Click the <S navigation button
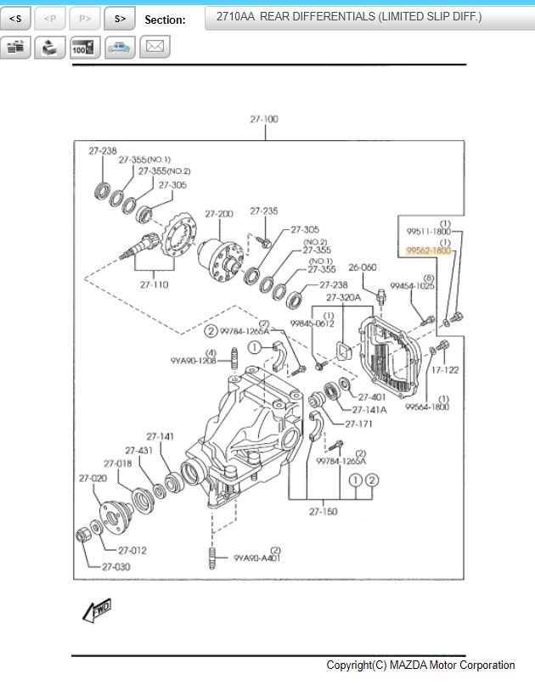click(x=15, y=18)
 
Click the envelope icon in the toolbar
click(x=154, y=47)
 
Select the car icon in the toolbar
click(x=120, y=47)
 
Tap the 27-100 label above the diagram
click(x=263, y=120)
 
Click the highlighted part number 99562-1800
click(x=428, y=251)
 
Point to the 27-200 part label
click(x=219, y=214)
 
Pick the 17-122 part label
click(x=444, y=370)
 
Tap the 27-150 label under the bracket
click(x=324, y=511)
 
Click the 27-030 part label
click(x=116, y=566)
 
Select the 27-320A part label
click(x=344, y=297)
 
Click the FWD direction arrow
click(x=96, y=609)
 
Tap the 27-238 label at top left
click(x=103, y=150)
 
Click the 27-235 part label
click(x=263, y=211)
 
